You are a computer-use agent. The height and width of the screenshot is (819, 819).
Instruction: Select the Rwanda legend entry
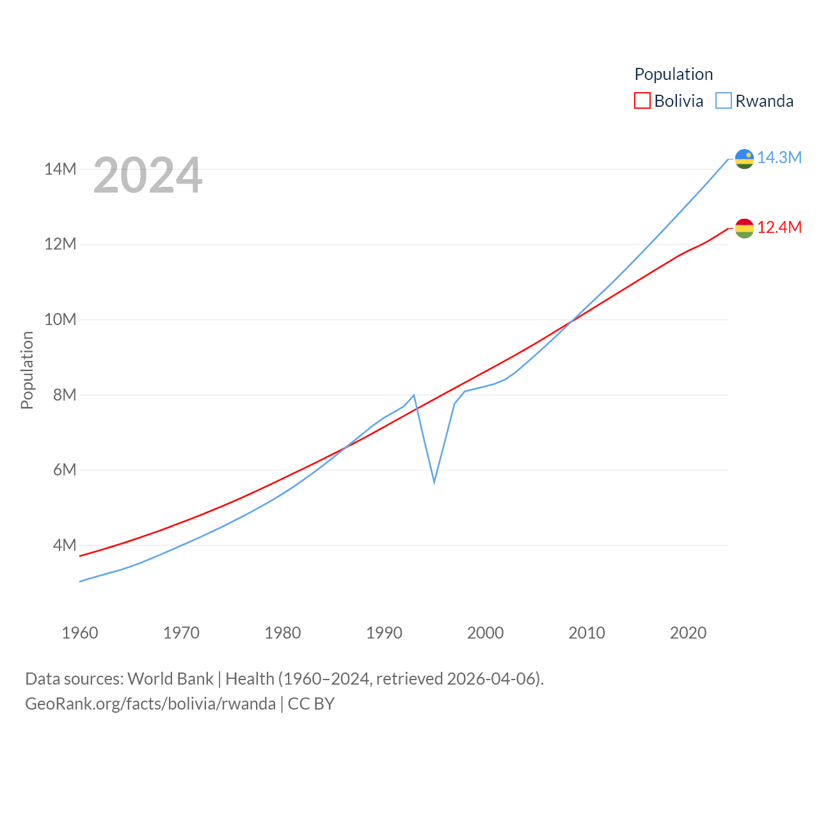click(755, 101)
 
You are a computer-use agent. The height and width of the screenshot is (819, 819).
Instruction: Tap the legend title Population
click(673, 74)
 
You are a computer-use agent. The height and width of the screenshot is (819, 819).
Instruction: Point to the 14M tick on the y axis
click(60, 169)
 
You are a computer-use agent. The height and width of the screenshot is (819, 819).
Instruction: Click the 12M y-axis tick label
click(60, 244)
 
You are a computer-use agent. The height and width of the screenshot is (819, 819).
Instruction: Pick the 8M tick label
click(65, 395)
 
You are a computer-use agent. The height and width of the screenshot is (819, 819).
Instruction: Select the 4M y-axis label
click(65, 545)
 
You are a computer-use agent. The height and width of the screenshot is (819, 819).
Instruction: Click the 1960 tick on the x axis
click(80, 633)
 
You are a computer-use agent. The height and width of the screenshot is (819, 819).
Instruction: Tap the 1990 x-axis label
click(384, 633)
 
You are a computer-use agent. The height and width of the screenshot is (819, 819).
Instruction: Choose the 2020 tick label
click(688, 633)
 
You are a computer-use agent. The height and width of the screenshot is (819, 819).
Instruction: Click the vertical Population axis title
click(27, 370)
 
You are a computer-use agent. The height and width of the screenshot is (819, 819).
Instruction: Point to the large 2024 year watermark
click(148, 175)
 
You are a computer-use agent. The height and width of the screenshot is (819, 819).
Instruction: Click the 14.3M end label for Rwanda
click(779, 157)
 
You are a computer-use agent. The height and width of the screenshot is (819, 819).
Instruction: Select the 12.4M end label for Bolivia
click(779, 227)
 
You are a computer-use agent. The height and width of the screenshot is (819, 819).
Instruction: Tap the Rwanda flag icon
click(744, 158)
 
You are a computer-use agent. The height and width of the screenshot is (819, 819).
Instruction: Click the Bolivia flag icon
click(744, 228)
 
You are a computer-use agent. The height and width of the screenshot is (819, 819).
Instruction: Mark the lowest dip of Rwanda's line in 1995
click(434, 481)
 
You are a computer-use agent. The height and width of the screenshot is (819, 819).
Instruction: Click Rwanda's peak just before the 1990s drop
click(414, 395)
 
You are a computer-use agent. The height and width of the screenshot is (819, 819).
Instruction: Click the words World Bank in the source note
click(170, 678)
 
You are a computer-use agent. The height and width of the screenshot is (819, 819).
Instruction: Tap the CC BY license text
click(311, 704)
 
